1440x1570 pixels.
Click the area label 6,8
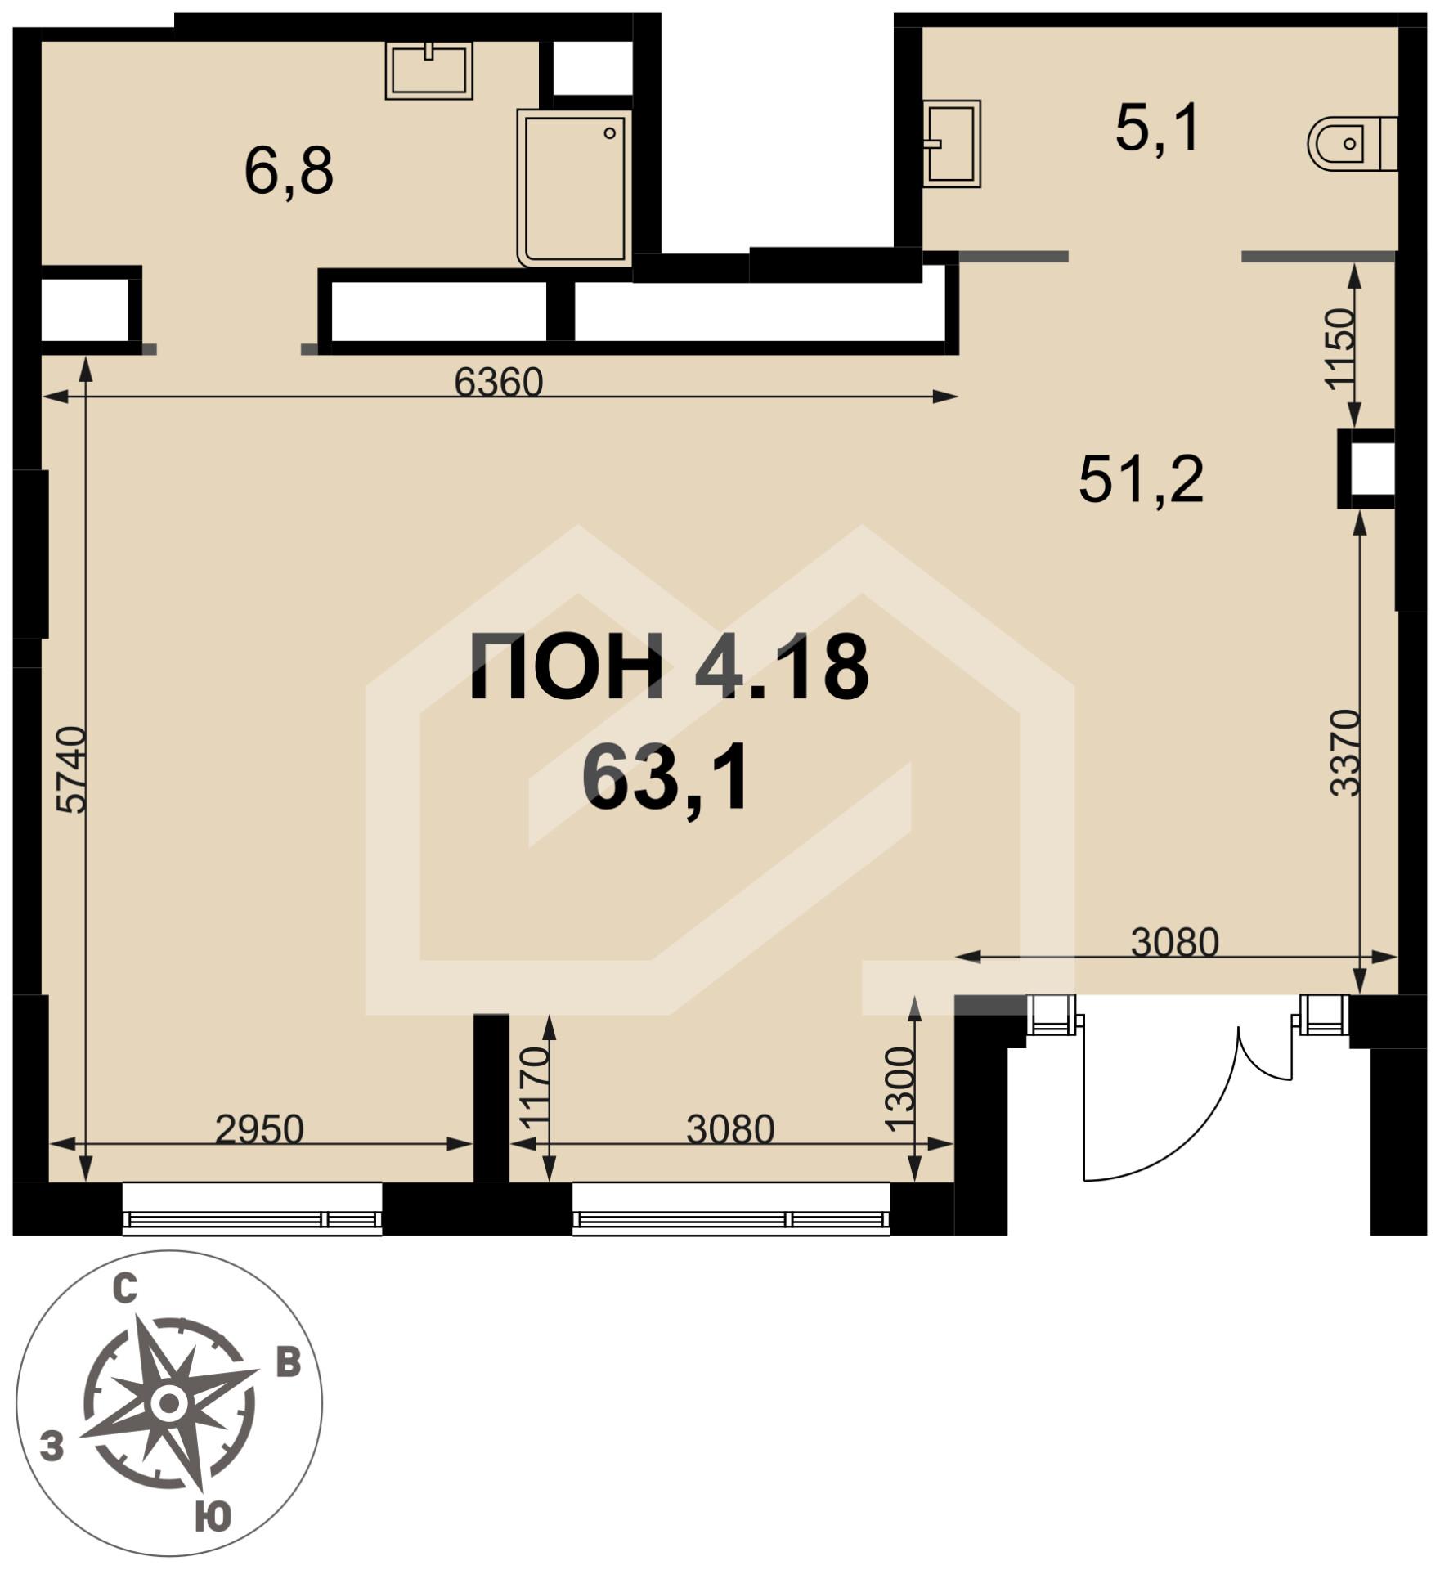coord(289,173)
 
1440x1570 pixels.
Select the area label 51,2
coord(1142,480)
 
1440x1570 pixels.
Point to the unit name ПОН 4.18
coord(668,668)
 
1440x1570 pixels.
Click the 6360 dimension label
coord(499,382)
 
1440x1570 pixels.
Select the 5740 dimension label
coord(71,769)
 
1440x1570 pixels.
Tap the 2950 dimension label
coord(259,1129)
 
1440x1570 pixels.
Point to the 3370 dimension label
coord(1345,754)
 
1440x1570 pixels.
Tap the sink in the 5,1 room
coord(951,144)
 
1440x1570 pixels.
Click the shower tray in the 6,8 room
coord(575,188)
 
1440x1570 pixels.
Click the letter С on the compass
coord(123,1290)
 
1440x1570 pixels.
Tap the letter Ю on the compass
coord(213,1518)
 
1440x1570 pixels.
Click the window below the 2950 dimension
coord(252,1208)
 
